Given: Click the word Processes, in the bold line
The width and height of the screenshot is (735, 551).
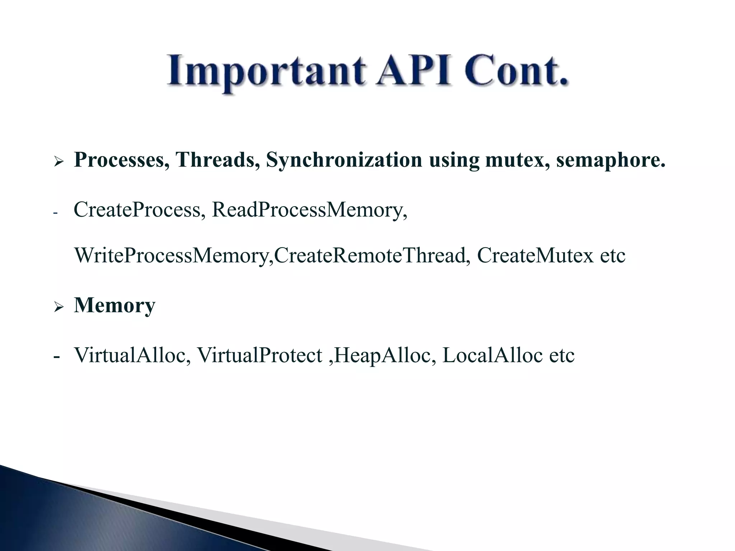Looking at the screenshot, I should click(x=122, y=160).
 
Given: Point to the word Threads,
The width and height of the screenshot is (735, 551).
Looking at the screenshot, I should click(x=217, y=160).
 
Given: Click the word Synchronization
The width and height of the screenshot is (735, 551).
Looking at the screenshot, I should click(x=344, y=160).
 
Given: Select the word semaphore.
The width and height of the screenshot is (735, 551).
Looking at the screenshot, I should click(x=610, y=160).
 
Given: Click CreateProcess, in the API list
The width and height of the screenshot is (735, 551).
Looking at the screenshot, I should click(x=140, y=210).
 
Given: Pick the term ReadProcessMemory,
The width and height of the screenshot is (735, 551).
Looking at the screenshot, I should click(x=310, y=210).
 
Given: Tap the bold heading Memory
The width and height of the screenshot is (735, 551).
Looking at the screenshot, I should click(x=114, y=305).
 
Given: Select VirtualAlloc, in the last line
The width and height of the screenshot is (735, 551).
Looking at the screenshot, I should click(x=132, y=355).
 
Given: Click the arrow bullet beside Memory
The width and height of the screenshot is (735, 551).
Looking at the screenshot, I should click(x=58, y=307).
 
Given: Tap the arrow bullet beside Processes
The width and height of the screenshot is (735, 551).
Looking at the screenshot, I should click(x=58, y=161).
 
